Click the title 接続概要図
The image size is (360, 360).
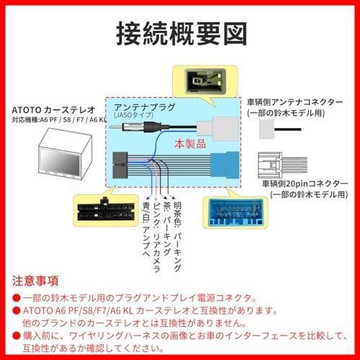(x=181, y=34)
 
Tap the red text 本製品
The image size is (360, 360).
(x=190, y=144)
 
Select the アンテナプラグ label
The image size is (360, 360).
(x=145, y=107)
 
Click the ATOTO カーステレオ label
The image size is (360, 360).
(x=53, y=110)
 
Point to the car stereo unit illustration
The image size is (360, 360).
(x=65, y=154)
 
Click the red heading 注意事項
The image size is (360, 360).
(x=35, y=281)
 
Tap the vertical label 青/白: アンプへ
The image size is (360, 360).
(x=146, y=229)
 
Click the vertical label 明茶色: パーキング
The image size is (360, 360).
(x=177, y=236)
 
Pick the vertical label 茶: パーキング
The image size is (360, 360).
(x=167, y=229)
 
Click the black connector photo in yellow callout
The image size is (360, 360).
(x=106, y=210)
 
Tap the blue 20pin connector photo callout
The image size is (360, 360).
(x=235, y=212)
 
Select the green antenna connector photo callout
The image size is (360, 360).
(x=206, y=81)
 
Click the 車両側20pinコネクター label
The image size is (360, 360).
(x=305, y=184)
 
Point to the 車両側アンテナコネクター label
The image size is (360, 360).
(x=295, y=102)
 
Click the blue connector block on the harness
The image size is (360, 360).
(x=225, y=164)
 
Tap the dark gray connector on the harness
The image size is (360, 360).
(x=120, y=165)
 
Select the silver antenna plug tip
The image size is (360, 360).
(x=116, y=127)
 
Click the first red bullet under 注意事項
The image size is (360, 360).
(x=17, y=298)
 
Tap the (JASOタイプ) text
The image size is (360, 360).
(x=134, y=115)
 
